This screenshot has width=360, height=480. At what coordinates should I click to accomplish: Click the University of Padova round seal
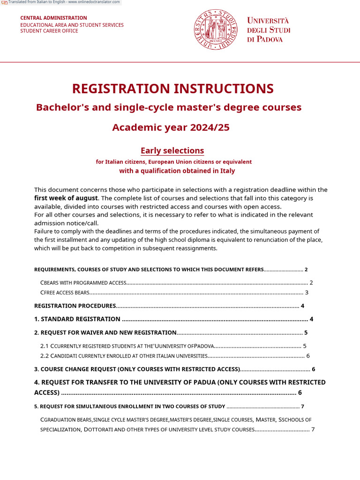(x=216, y=30)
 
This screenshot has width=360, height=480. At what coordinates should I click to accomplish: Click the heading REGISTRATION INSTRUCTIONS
(x=172, y=89)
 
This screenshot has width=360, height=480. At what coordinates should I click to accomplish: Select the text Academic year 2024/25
(x=171, y=127)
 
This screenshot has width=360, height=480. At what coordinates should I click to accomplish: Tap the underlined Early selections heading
(x=172, y=150)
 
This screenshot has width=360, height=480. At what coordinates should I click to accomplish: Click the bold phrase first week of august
(x=66, y=198)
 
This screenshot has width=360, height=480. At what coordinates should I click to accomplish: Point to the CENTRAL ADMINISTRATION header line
(x=53, y=18)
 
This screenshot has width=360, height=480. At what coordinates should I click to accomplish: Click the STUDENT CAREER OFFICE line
(x=49, y=31)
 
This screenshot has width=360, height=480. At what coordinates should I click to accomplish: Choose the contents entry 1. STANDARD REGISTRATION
(x=77, y=319)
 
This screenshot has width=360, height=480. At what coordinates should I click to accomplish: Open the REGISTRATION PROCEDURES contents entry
(x=75, y=306)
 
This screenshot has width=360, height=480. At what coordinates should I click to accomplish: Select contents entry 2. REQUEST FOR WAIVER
(x=105, y=333)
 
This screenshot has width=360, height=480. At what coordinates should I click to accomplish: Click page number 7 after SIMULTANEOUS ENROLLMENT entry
(x=303, y=406)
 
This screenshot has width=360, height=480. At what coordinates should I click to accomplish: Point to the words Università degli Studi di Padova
(x=269, y=30)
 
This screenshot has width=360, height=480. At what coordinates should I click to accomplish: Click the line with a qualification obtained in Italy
(x=177, y=171)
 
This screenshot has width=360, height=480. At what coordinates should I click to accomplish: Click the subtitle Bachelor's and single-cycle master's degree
(x=169, y=107)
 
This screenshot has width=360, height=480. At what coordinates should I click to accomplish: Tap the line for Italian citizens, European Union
(x=173, y=162)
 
